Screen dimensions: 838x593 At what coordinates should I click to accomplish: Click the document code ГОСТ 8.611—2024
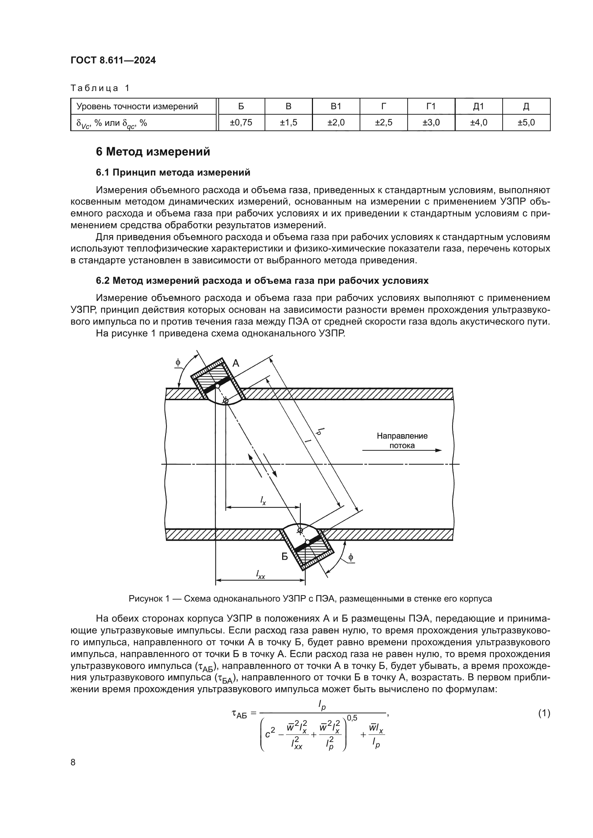coord(113,60)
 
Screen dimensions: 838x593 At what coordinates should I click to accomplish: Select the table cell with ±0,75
coord(241,123)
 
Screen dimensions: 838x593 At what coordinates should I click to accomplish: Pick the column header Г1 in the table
coord(431,106)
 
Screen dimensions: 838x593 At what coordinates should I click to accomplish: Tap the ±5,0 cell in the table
coord(526,123)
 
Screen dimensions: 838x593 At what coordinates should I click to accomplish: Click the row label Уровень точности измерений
coord(137,106)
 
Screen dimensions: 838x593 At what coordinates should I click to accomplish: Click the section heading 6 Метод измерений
coord(153,152)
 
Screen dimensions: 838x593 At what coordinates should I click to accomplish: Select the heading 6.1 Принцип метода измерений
coord(173,172)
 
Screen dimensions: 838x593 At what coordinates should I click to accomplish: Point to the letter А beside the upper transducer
coord(236,363)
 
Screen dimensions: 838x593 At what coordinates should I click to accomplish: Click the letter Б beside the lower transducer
coord(284,557)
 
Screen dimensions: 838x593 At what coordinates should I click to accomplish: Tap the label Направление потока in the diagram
coord(402,440)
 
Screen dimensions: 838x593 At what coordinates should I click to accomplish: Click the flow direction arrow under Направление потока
coord(402,450)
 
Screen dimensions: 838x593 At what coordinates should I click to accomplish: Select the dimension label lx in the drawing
coord(263,501)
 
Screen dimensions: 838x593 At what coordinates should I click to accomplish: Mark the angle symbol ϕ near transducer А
coord(178,363)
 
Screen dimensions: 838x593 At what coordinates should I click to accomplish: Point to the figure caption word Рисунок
coord(144,599)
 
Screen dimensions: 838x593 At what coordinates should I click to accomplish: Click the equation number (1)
coord(544,713)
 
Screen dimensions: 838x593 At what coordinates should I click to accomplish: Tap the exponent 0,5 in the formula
coord(352,718)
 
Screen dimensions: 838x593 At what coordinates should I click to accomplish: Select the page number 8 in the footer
coord(73,762)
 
